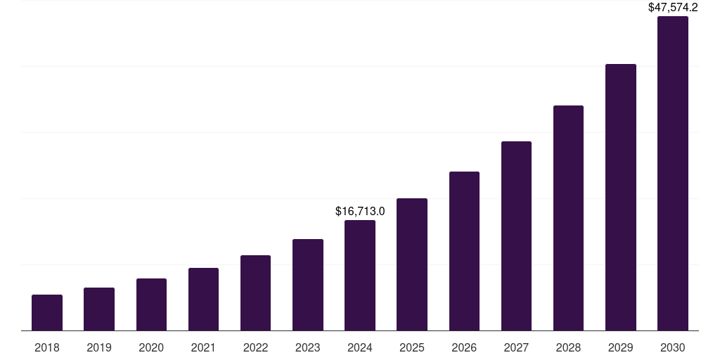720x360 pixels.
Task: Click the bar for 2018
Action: click(x=47, y=313)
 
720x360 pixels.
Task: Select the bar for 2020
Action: click(x=151, y=304)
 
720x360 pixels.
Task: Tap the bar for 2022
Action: click(x=255, y=293)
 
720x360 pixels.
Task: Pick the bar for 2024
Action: click(x=360, y=276)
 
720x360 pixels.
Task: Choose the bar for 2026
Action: click(x=464, y=251)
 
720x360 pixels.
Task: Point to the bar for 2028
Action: click(x=568, y=218)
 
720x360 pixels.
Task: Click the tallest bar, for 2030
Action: click(x=673, y=174)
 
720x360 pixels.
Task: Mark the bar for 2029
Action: click(x=621, y=198)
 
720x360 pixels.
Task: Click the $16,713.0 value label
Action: click(x=360, y=211)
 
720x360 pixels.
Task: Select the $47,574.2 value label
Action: click(x=673, y=8)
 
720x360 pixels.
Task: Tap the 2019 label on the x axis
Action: click(x=99, y=347)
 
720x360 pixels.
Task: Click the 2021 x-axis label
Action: click(x=203, y=347)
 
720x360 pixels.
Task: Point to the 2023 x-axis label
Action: click(x=308, y=347)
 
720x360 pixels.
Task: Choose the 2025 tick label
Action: click(x=412, y=347)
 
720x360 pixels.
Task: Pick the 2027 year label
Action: click(x=516, y=347)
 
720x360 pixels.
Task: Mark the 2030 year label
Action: click(x=673, y=347)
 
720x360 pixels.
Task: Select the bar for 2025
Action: click(x=412, y=264)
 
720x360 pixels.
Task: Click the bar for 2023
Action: click(x=308, y=285)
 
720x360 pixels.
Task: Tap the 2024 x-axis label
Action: click(x=360, y=347)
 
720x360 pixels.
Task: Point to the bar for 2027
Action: click(x=516, y=236)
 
